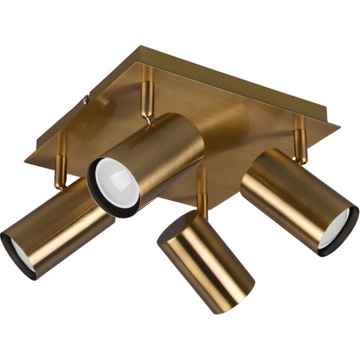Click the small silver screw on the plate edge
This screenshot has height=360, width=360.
(x=86, y=101)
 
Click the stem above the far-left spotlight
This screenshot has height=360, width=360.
(x=61, y=165)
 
